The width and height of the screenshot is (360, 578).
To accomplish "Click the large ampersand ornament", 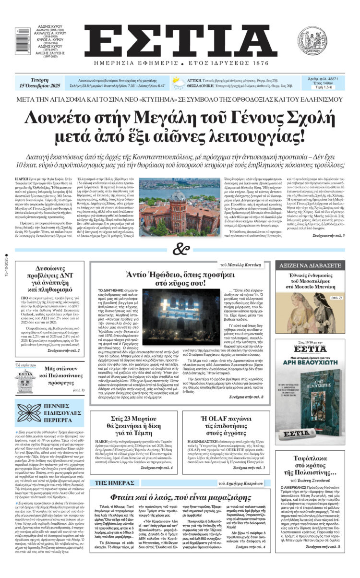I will pos(180,249).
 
